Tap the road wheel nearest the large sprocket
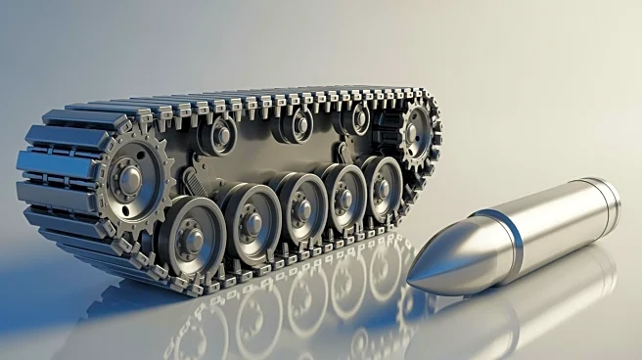(192, 235)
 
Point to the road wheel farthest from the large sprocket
(382, 183)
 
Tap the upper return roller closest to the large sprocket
(221, 133)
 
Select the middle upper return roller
(298, 124)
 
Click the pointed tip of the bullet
(410, 281)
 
